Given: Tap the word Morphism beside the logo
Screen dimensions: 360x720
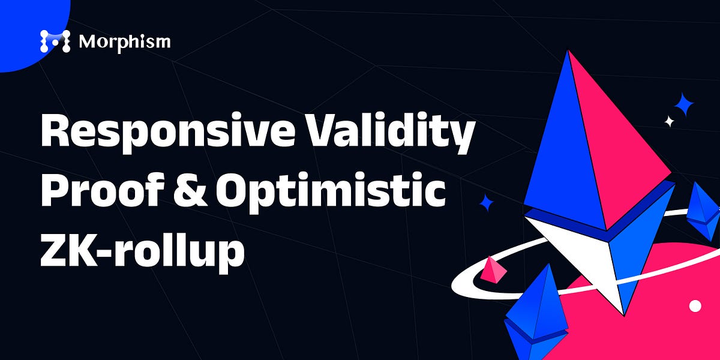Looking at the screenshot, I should click(x=124, y=41).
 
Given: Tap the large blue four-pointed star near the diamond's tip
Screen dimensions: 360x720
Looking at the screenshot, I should click(x=683, y=107).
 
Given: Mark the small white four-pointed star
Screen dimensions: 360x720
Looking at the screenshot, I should click(x=670, y=122).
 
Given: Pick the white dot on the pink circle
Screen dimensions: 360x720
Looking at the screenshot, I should click(x=695, y=306).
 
